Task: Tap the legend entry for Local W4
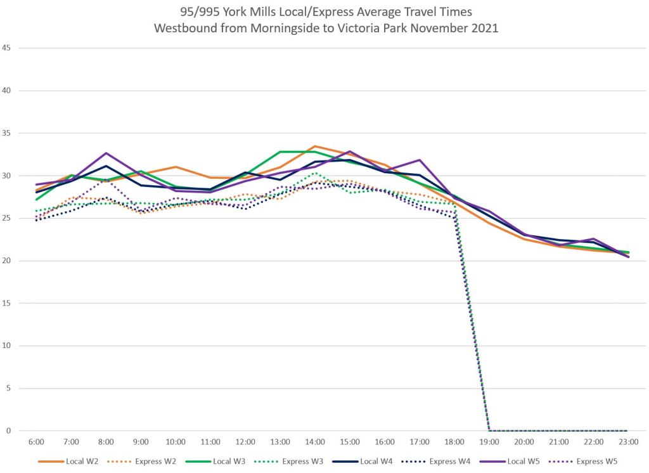click(380, 461)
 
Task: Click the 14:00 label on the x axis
click(315, 441)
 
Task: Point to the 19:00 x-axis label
click(489, 441)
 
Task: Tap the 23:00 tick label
click(628, 441)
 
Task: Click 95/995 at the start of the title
click(195, 13)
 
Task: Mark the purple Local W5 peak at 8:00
click(106, 153)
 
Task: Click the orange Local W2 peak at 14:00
click(315, 146)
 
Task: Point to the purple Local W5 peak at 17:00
click(420, 160)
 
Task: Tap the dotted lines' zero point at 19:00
click(489, 431)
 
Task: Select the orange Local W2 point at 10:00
click(176, 167)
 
